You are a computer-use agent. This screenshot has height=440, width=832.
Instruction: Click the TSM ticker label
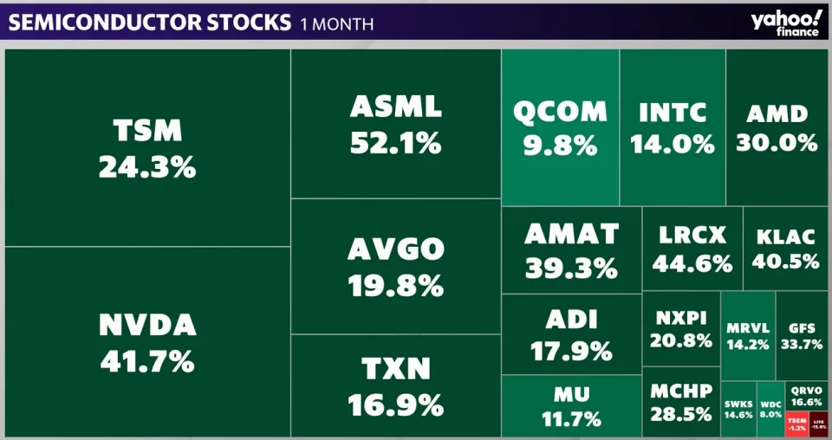(x=147, y=132)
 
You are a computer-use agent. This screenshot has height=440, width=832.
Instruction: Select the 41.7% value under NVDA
(x=147, y=360)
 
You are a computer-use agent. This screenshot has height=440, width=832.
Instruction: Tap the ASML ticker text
(x=396, y=107)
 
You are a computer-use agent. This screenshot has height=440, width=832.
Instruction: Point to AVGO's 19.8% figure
(x=396, y=284)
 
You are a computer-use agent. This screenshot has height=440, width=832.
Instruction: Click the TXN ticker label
(x=396, y=370)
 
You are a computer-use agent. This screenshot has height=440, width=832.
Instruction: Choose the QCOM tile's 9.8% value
(x=561, y=146)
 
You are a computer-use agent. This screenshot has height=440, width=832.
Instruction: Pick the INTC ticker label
(x=673, y=113)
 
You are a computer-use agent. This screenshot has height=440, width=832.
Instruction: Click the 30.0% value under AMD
(x=777, y=142)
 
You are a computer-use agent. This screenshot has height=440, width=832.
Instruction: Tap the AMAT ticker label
(x=572, y=234)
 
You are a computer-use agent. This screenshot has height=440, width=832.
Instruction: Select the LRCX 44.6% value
(x=692, y=264)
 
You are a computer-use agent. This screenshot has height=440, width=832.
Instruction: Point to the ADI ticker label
(x=572, y=320)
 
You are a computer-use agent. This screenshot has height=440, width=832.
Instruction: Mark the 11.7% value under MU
(x=572, y=419)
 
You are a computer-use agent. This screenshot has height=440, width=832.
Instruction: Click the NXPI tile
(x=681, y=328)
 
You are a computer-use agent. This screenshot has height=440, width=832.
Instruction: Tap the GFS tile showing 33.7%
(x=801, y=336)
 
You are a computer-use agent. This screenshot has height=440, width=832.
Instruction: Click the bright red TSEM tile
(x=796, y=424)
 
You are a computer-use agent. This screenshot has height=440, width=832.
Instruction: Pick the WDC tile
(x=770, y=408)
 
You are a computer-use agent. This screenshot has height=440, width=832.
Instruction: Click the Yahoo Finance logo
(x=786, y=22)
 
